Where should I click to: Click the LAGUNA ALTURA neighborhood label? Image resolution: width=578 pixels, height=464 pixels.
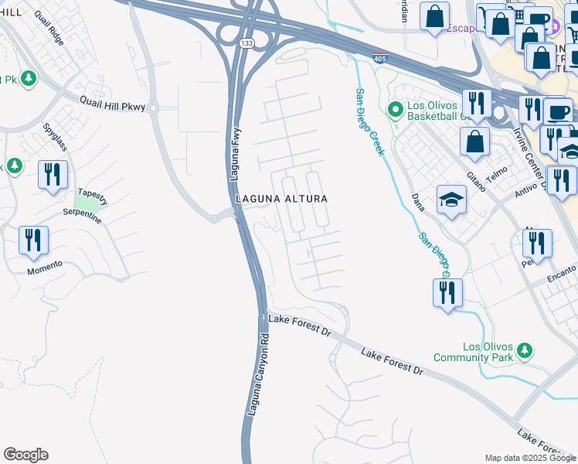[x=281, y=199]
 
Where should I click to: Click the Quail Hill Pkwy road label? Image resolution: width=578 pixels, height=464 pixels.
[x=113, y=104]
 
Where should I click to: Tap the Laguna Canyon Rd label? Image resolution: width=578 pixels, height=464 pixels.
[x=257, y=375]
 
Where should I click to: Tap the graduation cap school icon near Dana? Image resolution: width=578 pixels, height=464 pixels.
[x=450, y=201]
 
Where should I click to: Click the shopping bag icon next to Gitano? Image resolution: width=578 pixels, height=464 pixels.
[x=474, y=142]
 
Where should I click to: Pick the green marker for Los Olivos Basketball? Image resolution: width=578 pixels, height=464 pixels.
[x=396, y=109]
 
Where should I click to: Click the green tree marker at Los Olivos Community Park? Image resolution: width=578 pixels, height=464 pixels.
[x=525, y=350]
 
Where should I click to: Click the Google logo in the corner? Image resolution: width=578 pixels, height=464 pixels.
[x=25, y=455]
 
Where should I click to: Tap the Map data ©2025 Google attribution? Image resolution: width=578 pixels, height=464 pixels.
[x=529, y=458]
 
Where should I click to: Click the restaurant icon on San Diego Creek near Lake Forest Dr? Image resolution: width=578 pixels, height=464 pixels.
[x=447, y=293]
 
